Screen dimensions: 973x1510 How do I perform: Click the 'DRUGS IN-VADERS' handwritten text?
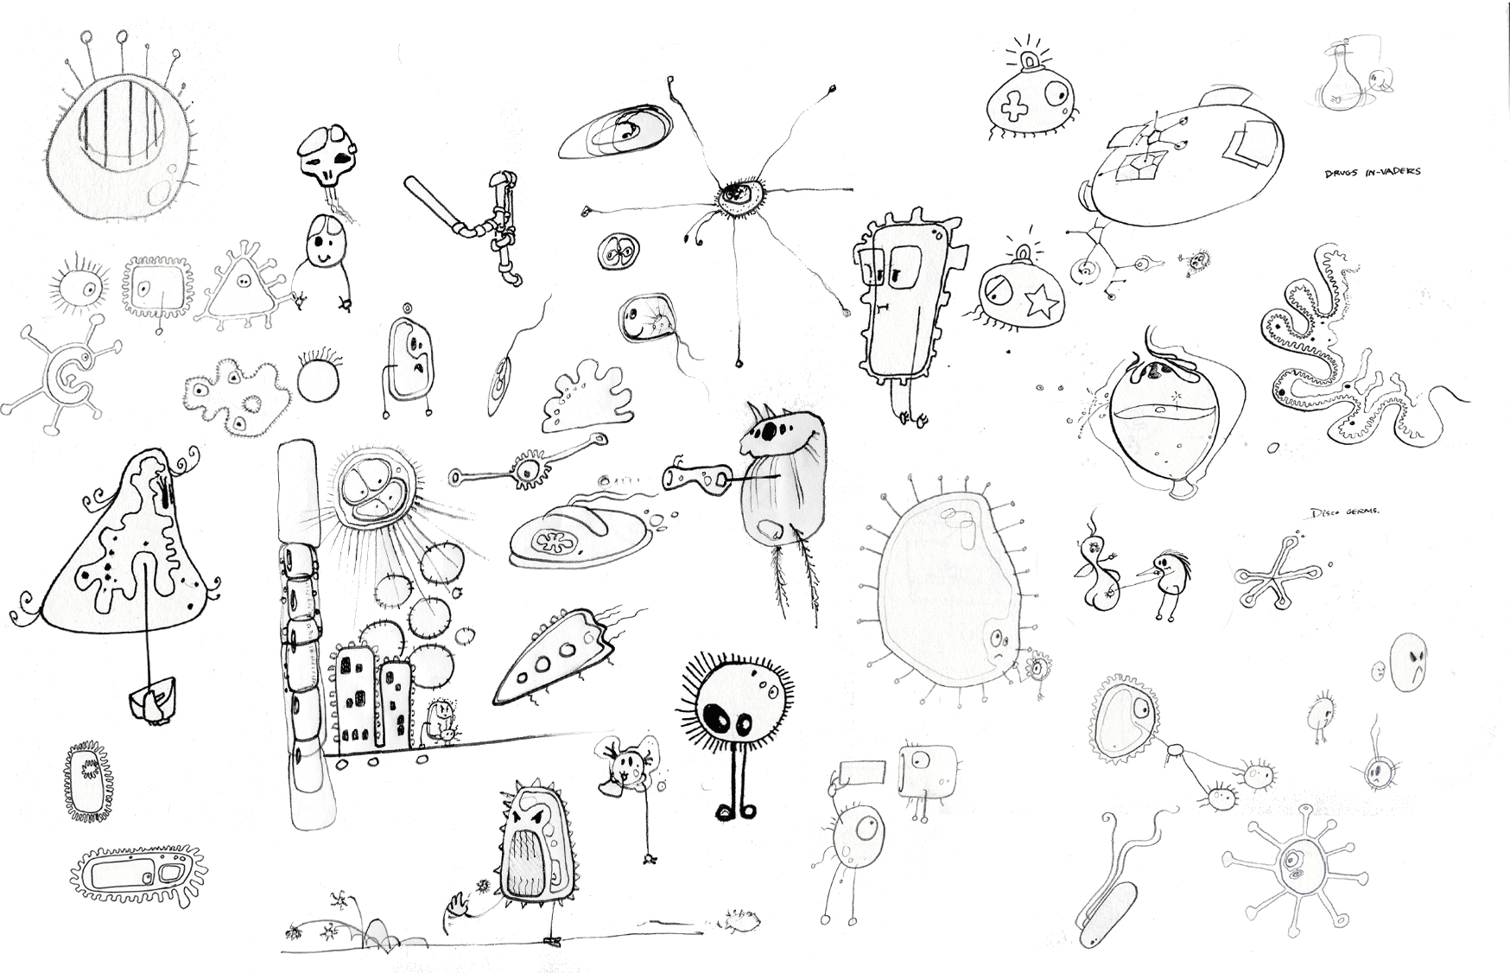coord(1372,172)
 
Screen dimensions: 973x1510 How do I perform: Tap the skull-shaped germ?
coord(325,158)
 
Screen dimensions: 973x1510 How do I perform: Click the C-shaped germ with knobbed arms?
coord(62,371)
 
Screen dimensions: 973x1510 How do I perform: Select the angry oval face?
coord(1408,663)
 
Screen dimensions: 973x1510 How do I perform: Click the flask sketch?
coord(1337,79)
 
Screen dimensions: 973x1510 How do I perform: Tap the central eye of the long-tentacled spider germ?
coord(736,194)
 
